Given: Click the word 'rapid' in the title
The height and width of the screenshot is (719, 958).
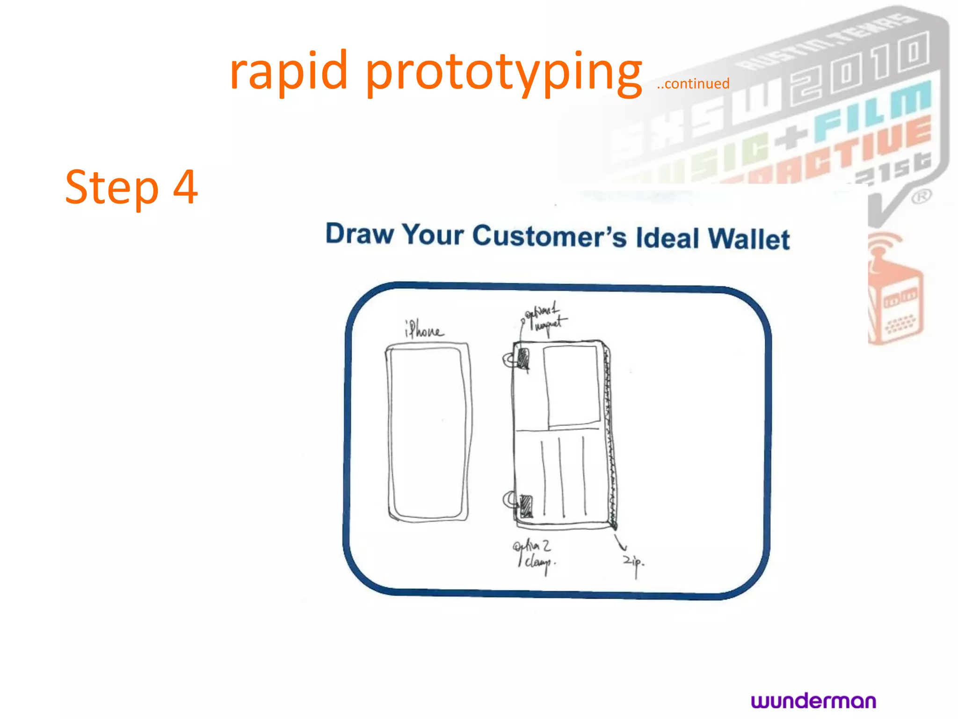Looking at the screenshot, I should click(289, 71).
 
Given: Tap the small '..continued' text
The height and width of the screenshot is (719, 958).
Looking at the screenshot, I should click(693, 84).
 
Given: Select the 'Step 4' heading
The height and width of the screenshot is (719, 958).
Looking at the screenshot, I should click(131, 187).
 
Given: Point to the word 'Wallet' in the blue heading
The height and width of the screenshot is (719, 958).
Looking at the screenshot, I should click(748, 239).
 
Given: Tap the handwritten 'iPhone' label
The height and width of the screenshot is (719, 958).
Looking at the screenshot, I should click(423, 330).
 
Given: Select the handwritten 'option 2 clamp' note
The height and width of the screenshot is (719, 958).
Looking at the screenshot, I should click(533, 554).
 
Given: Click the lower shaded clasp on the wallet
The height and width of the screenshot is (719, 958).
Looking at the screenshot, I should click(526, 506).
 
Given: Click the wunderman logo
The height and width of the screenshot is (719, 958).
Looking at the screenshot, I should click(813, 701).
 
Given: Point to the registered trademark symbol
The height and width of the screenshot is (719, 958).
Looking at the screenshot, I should click(921, 197).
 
